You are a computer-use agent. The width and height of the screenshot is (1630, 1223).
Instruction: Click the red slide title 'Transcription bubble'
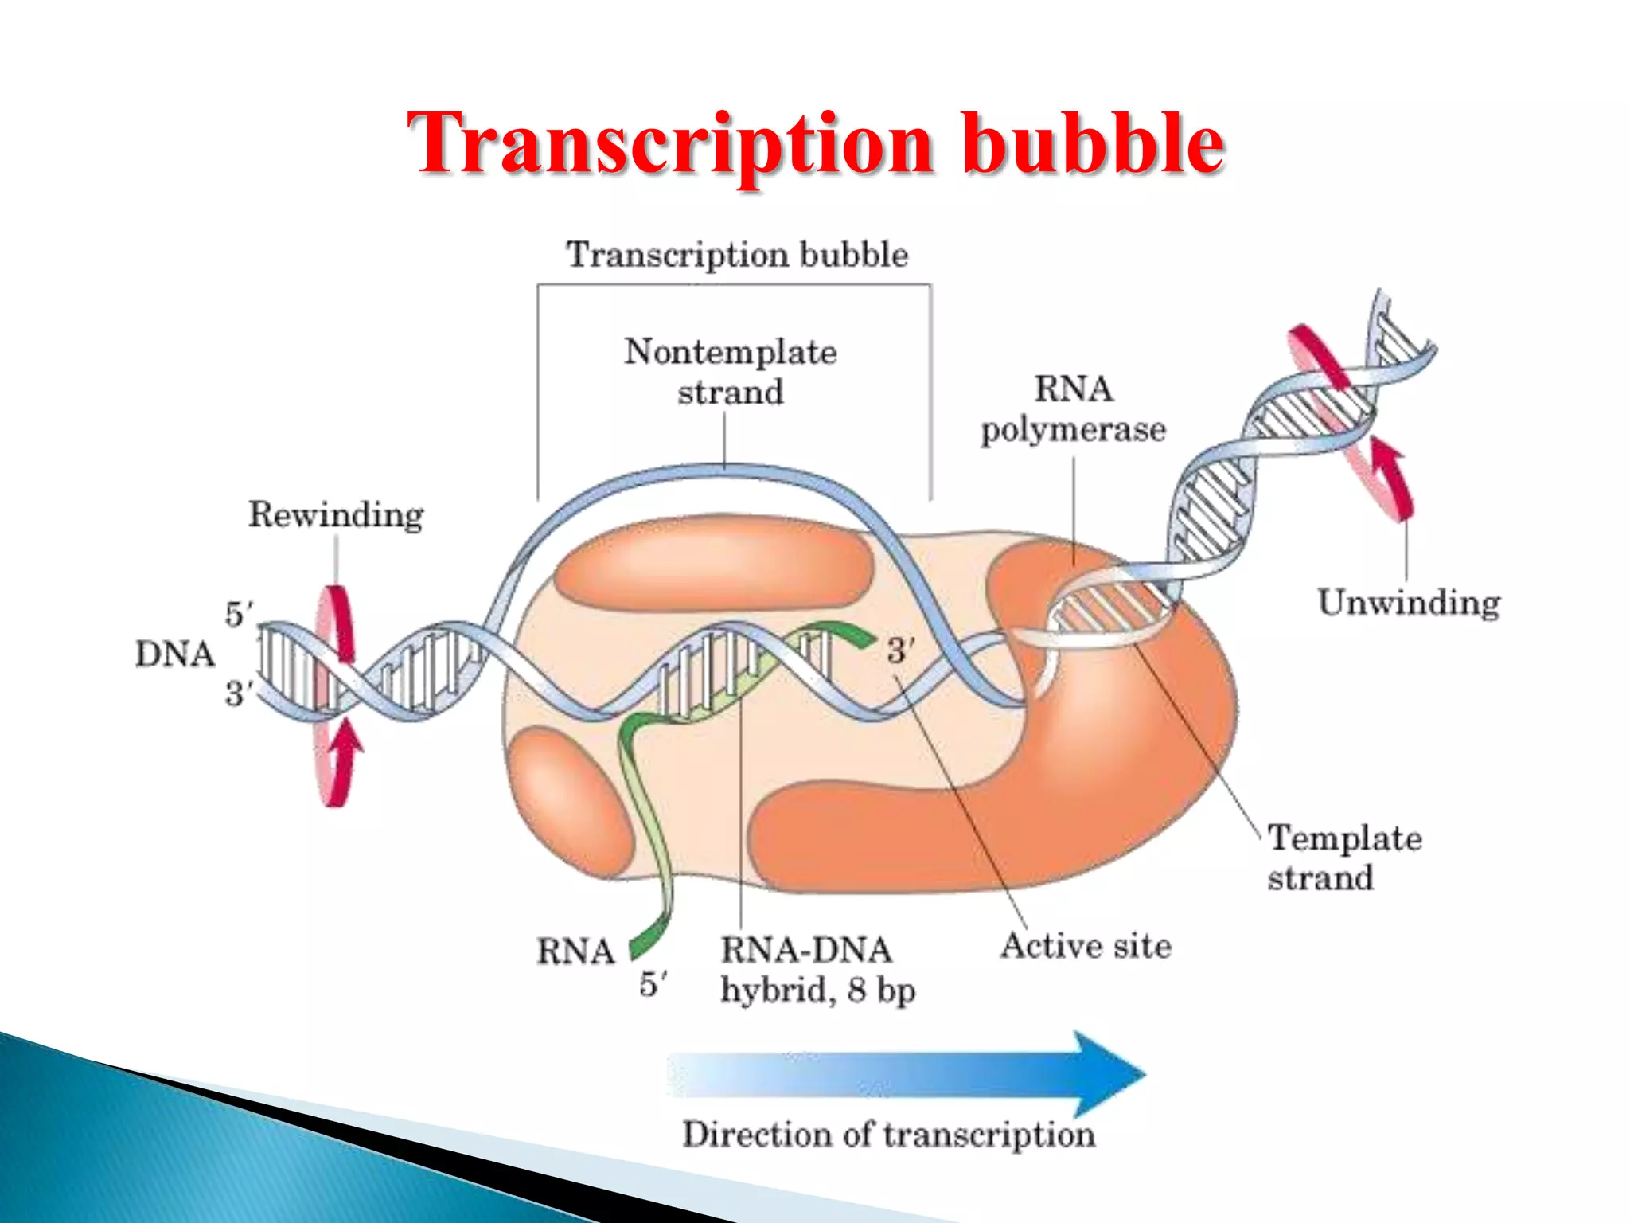[815, 145]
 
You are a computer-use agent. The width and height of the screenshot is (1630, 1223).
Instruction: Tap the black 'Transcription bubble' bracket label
[737, 255]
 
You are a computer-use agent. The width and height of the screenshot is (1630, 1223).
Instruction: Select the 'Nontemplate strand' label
[731, 372]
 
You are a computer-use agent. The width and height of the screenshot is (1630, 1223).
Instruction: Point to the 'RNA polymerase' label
[1073, 409]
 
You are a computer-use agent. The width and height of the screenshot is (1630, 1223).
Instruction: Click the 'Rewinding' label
[336, 514]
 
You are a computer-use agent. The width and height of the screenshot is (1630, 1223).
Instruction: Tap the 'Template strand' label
[1343, 858]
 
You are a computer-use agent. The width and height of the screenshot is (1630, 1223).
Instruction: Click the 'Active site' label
[1086, 946]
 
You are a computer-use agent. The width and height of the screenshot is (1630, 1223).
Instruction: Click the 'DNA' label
[175, 654]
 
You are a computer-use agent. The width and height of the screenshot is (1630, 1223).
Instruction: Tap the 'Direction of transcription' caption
[888, 1134]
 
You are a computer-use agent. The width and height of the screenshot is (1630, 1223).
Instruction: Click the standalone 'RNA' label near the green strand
[575, 951]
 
